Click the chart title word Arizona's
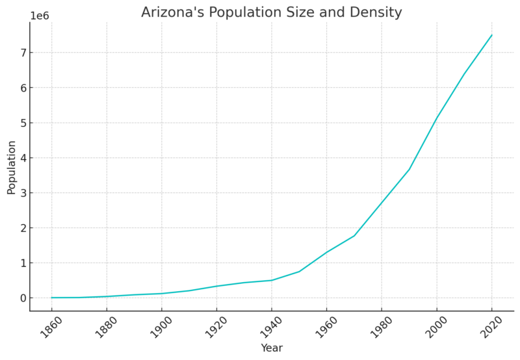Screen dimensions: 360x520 click(x=170, y=12)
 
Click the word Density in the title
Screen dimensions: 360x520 click(x=378, y=12)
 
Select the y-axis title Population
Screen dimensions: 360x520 click(x=11, y=167)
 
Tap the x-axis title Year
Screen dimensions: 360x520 click(x=272, y=348)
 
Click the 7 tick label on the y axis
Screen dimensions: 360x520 click(x=21, y=53)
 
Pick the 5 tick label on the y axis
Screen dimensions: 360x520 click(x=21, y=123)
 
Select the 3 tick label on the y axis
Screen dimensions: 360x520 click(x=21, y=193)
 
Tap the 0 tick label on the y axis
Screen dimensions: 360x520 click(x=21, y=298)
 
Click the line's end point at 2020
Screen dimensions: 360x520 click(x=492, y=35)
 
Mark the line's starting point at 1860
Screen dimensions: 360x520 click(x=51, y=298)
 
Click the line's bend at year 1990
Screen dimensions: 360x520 click(x=409, y=170)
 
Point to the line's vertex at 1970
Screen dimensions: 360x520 click(x=354, y=236)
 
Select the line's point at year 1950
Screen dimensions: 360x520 click(x=299, y=272)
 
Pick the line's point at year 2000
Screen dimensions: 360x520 click(x=437, y=118)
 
